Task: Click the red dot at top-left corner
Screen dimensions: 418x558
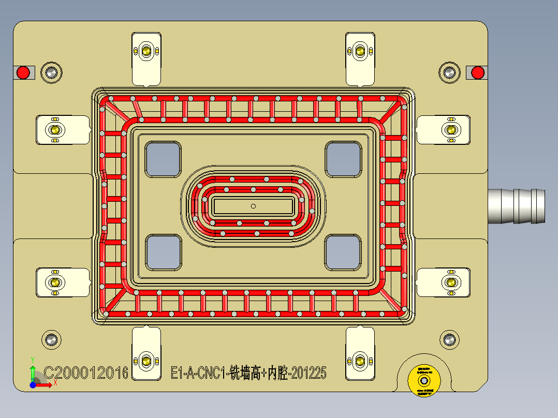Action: point(23,72)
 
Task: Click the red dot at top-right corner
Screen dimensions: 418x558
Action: point(478,72)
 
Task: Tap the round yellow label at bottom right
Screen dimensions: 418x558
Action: point(424,381)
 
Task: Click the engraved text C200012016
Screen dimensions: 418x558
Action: point(86,372)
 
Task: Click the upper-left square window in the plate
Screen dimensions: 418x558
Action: point(163,159)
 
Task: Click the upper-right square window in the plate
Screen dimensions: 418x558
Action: point(343,159)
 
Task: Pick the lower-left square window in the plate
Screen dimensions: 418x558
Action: point(163,252)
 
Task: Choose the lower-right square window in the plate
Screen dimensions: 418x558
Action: point(343,252)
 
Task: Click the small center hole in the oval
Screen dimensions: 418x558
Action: point(253,206)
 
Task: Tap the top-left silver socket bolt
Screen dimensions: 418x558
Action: point(51,72)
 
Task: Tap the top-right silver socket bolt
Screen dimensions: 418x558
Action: point(449,72)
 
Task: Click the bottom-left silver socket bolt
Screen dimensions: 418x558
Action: point(51,340)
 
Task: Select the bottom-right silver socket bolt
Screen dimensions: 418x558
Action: point(449,340)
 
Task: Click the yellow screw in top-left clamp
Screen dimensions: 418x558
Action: point(146,51)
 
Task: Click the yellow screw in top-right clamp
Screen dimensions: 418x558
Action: point(360,51)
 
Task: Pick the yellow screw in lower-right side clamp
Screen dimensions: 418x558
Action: point(451,282)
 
